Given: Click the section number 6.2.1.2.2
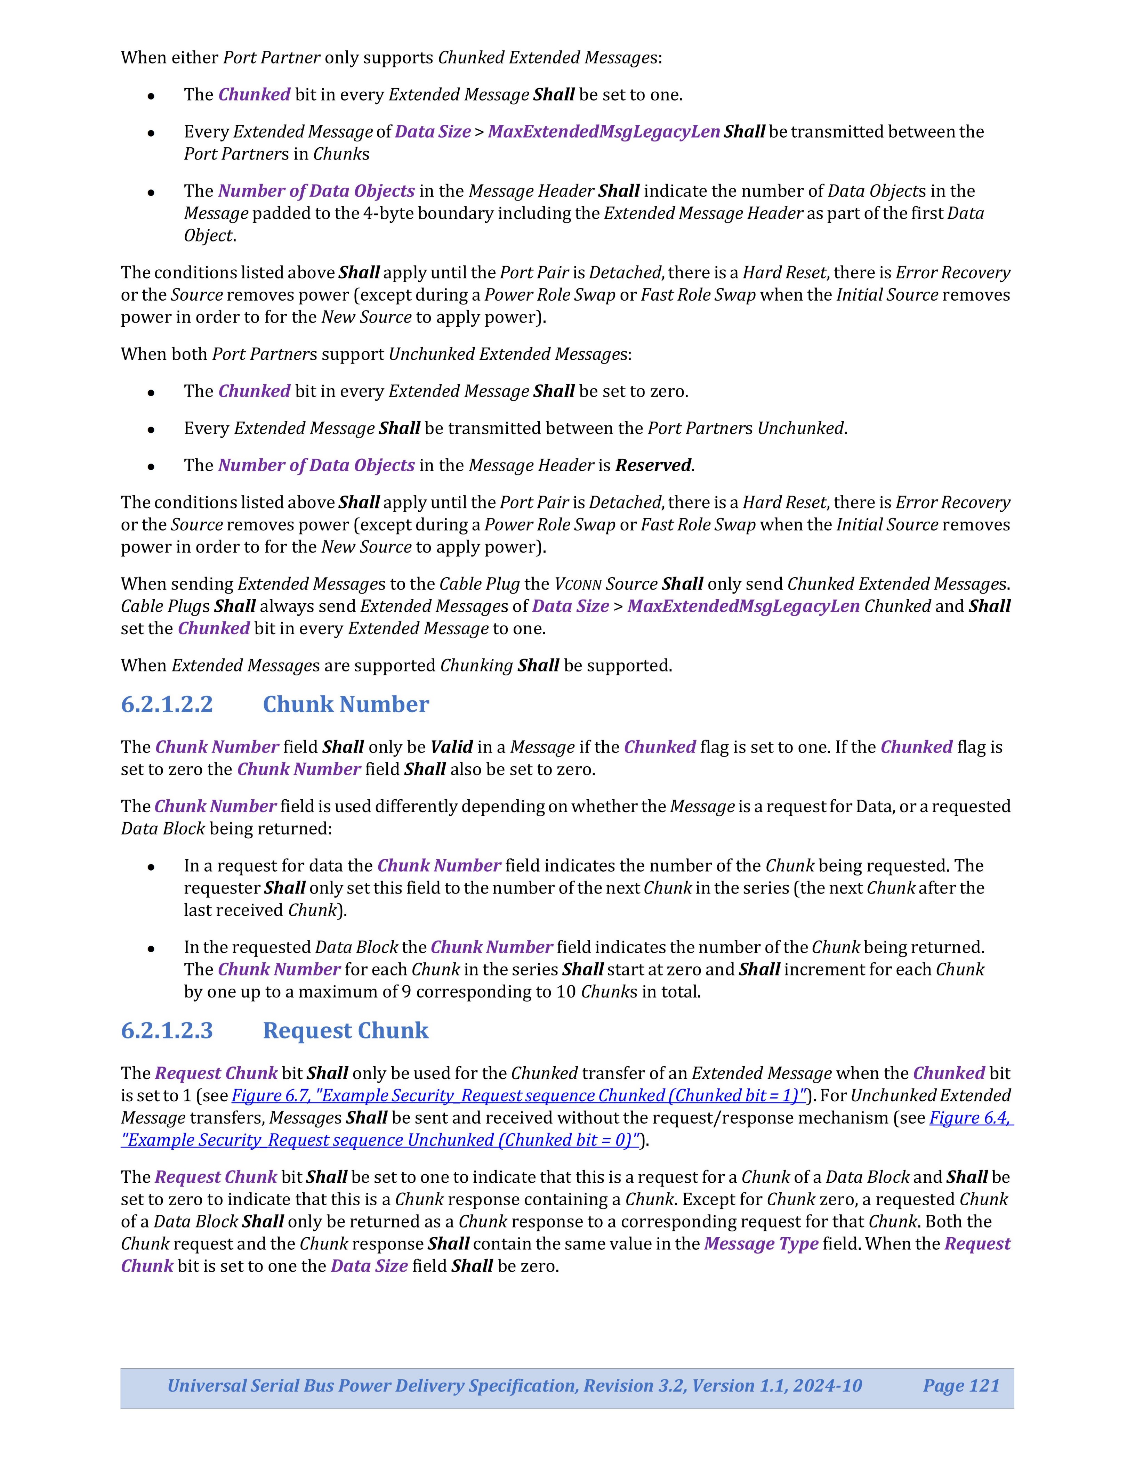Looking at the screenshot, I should point(167,704).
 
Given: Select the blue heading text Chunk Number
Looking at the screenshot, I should point(346,704).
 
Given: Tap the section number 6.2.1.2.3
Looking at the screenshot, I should point(167,1030).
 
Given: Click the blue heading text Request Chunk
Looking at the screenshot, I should point(346,1030).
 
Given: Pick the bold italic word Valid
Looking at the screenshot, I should point(451,748).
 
